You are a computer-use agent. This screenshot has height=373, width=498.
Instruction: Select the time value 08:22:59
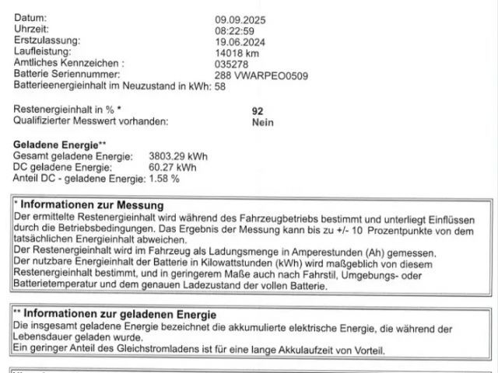(234, 30)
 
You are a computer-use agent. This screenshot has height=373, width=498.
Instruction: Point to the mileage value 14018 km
(237, 54)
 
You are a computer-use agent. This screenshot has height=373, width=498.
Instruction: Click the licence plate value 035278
(231, 65)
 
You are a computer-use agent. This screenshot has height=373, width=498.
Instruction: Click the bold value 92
(258, 111)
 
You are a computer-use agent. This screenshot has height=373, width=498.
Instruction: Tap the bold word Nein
(263, 122)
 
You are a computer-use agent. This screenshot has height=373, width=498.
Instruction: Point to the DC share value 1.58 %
(164, 178)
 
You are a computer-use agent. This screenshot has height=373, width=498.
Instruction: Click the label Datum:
(30, 18)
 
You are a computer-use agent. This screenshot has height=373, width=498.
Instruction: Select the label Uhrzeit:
(32, 29)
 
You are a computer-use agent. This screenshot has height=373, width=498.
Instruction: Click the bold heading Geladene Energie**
(60, 145)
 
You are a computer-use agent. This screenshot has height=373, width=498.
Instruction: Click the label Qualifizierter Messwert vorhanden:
(91, 122)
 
